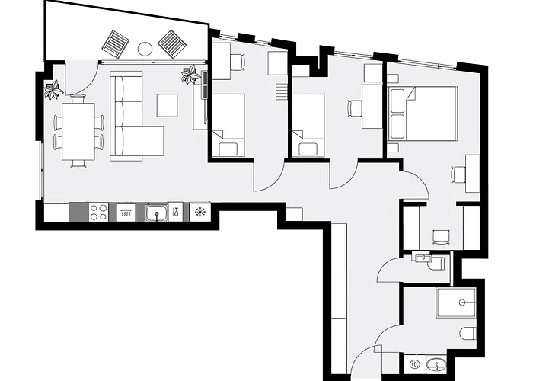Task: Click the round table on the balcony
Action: pyautogui.click(x=145, y=49)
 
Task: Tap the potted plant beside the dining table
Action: pyautogui.click(x=53, y=91)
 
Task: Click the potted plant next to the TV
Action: pyautogui.click(x=190, y=75)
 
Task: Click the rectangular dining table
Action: pyautogui.click(x=78, y=132)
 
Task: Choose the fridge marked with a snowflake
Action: pyautogui.click(x=199, y=212)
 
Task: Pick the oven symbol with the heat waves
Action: pyautogui.click(x=126, y=212)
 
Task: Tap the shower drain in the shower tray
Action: pyautogui.click(x=461, y=303)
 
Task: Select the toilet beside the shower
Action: pyautogui.click(x=468, y=334)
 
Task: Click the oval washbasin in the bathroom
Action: pyautogui.click(x=436, y=363)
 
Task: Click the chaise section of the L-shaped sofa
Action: pyautogui.click(x=145, y=142)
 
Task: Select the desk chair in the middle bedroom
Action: pyautogui.click(x=354, y=107)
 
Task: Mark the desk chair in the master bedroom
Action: pyautogui.click(x=457, y=174)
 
